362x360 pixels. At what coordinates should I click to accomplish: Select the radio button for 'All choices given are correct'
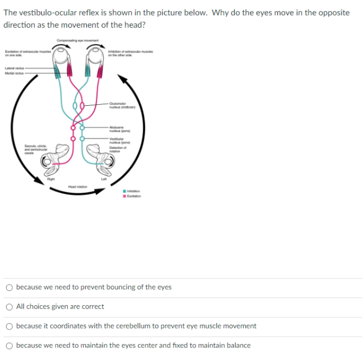click(x=10, y=307)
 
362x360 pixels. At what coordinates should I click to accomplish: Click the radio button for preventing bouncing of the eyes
click(x=10, y=287)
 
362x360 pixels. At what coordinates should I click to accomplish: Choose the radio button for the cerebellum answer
click(x=10, y=326)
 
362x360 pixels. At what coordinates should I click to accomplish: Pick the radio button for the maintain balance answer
click(x=10, y=345)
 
